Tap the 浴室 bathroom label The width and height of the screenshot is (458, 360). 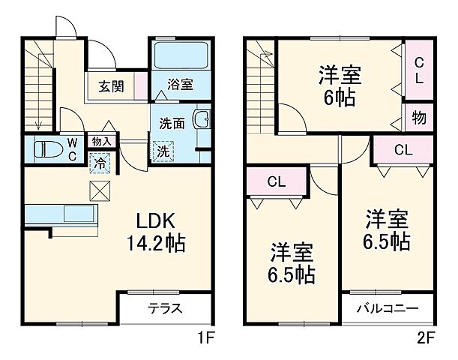pyautogui.click(x=180, y=85)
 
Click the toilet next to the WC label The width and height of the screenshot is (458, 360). pyautogui.click(x=49, y=148)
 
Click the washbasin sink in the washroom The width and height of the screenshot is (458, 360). pyautogui.click(x=201, y=121)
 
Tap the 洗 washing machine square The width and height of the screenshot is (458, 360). pyautogui.click(x=163, y=150)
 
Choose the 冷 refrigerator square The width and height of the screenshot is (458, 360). pyautogui.click(x=99, y=160)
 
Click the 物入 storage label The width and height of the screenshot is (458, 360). pyautogui.click(x=101, y=141)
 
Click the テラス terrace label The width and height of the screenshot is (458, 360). pyautogui.click(x=165, y=308)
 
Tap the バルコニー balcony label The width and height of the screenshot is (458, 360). pyautogui.click(x=387, y=308)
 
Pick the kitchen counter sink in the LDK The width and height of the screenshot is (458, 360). pyautogui.click(x=77, y=214)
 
